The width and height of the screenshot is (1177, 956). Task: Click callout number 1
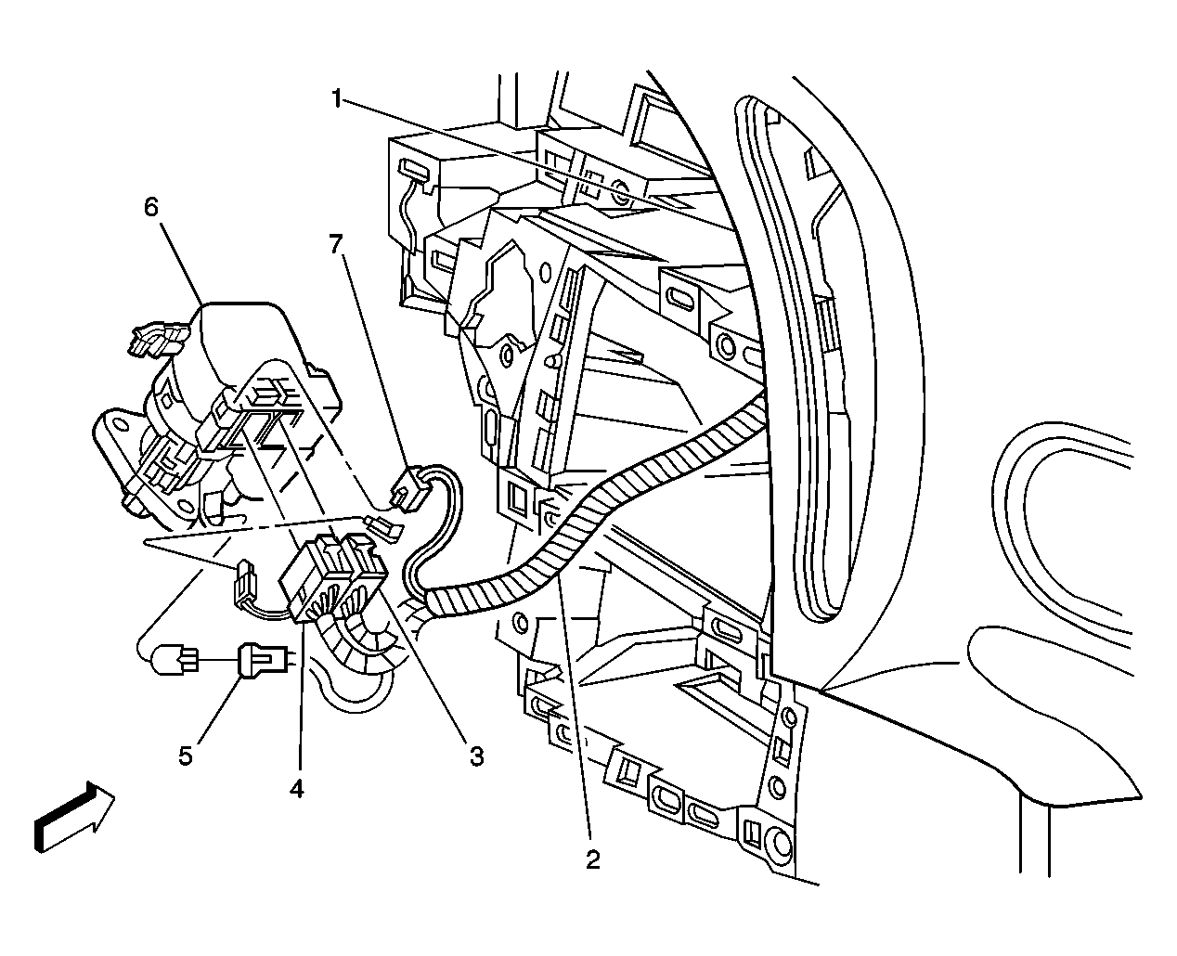click(336, 99)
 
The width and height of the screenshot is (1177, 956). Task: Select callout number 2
click(592, 859)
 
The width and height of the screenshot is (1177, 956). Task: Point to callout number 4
click(296, 789)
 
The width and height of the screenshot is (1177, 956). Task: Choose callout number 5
click(186, 755)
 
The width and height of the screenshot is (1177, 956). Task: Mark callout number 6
click(151, 207)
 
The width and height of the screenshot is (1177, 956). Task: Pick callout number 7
click(336, 244)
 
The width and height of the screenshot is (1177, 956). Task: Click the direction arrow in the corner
click(74, 817)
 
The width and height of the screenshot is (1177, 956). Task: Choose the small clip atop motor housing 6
click(157, 339)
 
